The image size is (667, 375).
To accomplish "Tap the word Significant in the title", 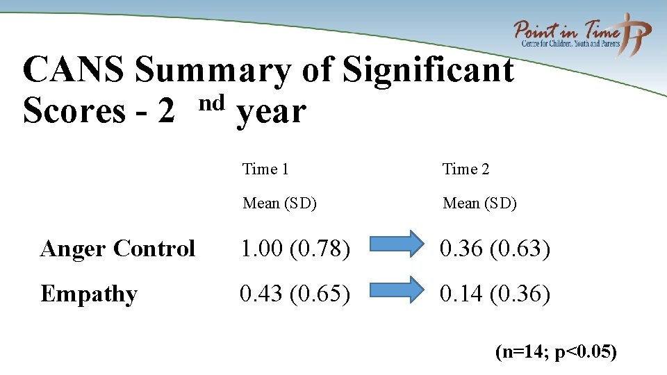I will tap(429, 72).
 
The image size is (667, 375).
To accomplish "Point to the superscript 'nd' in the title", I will tap(211, 103).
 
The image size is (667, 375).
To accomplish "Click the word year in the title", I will tap(271, 113).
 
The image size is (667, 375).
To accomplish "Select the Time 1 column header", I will tap(265, 169).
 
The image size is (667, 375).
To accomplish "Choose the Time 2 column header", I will tap(466, 169).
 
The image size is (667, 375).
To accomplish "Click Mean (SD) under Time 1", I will tap(279, 203).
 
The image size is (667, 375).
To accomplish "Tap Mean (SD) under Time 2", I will tap(479, 203).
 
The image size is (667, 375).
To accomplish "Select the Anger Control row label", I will tap(117, 249).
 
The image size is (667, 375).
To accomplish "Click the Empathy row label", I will tap(88, 294).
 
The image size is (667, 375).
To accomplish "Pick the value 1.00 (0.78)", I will tap(295, 249).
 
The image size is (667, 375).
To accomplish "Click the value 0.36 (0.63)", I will tap(495, 249).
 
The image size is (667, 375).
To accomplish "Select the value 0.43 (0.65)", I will tap(295, 294).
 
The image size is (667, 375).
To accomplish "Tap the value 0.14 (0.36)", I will tap(495, 294).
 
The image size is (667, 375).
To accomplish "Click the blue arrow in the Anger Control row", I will tap(395, 244).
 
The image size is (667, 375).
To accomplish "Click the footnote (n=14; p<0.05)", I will tap(556, 352).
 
